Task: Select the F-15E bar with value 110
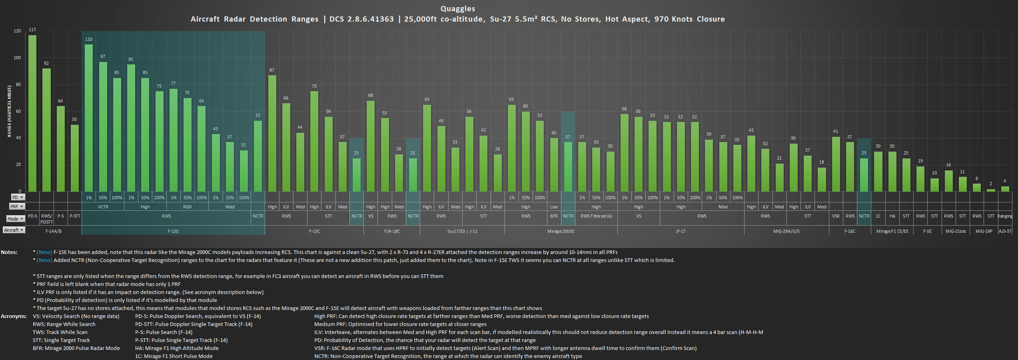pyautogui.click(x=89, y=118)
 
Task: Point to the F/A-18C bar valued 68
pyautogui.click(x=371, y=146)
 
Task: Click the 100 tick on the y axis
pyautogui.click(x=17, y=58)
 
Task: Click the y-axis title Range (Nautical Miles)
pyautogui.click(x=9, y=111)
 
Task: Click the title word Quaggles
pyautogui.click(x=458, y=8)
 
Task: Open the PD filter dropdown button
pyautogui.click(x=22, y=197)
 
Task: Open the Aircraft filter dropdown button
pyautogui.click(x=22, y=230)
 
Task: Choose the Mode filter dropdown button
pyautogui.click(x=22, y=219)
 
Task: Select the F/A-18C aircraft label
pyautogui.click(x=392, y=231)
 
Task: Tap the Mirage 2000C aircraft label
pyautogui.click(x=561, y=231)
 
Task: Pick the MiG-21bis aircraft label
pyautogui.click(x=956, y=231)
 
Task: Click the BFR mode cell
pyautogui.click(x=554, y=216)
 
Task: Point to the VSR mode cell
pyautogui.click(x=836, y=216)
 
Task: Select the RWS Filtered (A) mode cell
pyautogui.click(x=596, y=216)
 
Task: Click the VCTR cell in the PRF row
pyautogui.click(x=103, y=207)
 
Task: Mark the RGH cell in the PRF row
pyautogui.click(x=187, y=207)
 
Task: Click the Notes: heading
pyautogui.click(x=9, y=252)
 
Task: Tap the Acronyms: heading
pyautogui.click(x=14, y=316)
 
